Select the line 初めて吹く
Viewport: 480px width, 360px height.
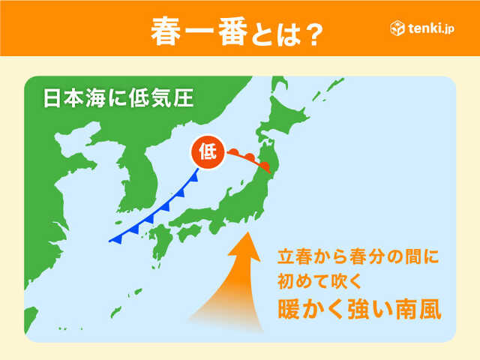point(315,282)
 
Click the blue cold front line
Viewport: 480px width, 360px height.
point(154,211)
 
